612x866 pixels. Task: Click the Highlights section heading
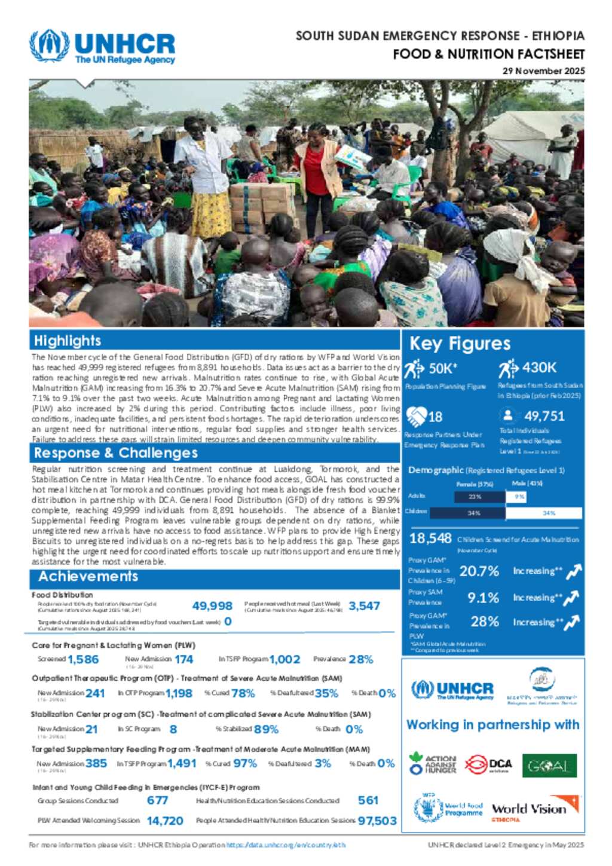pyautogui.click(x=68, y=341)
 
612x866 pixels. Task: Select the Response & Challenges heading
pyautogui.click(x=115, y=452)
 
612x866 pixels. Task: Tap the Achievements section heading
pyautogui.click(x=88, y=576)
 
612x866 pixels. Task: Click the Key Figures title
pyautogui.click(x=460, y=344)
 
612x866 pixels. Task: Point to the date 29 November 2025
pyautogui.click(x=543, y=71)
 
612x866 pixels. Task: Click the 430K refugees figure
pyautogui.click(x=539, y=368)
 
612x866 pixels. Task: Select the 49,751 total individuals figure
pyautogui.click(x=544, y=416)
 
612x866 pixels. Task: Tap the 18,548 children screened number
pyautogui.click(x=430, y=538)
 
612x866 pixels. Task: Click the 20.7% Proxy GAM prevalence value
pyautogui.click(x=479, y=571)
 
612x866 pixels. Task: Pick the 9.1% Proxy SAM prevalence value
pyautogui.click(x=483, y=598)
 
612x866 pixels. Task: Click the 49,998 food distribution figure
pyautogui.click(x=212, y=606)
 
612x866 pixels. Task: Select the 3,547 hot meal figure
pyautogui.click(x=364, y=606)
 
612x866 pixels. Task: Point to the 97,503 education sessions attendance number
pyautogui.click(x=377, y=821)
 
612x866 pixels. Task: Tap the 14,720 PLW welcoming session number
pyautogui.click(x=165, y=821)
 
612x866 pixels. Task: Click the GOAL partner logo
pyautogui.click(x=549, y=766)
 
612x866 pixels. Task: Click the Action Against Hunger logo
pyautogui.click(x=433, y=764)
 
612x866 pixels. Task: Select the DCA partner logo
pyautogui.click(x=488, y=764)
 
